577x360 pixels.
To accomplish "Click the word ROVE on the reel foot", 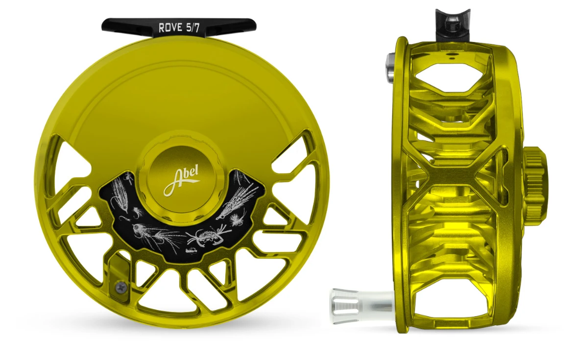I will pyautogui.click(x=169, y=28).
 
